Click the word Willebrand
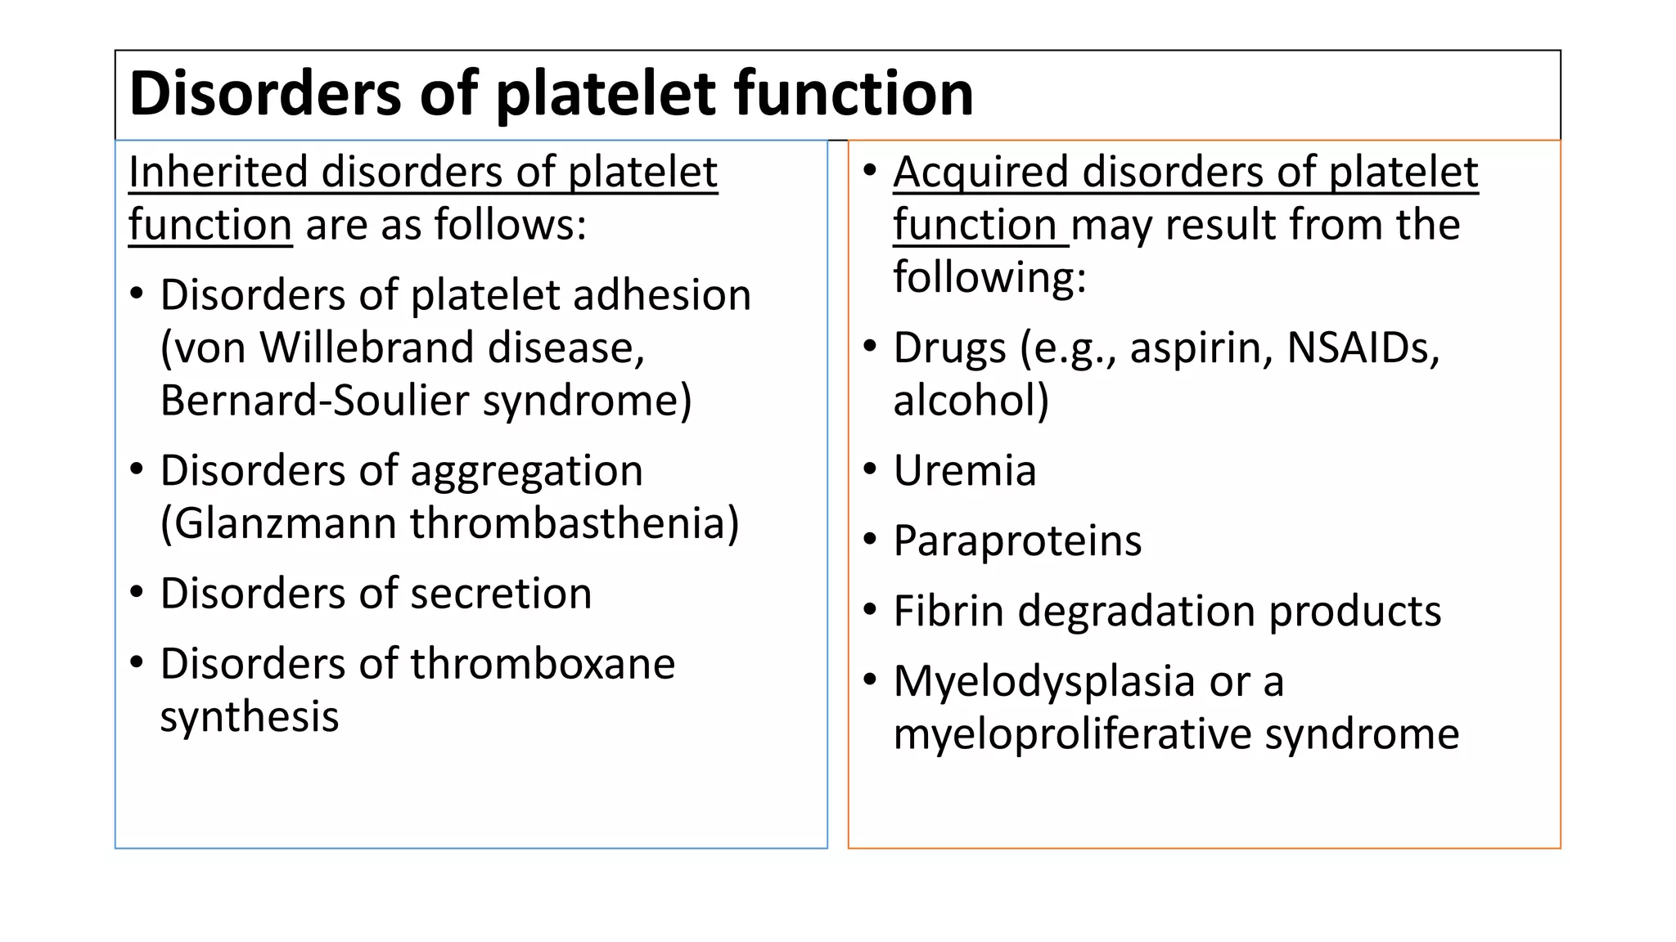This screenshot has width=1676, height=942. point(367,348)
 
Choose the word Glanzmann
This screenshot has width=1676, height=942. point(286,523)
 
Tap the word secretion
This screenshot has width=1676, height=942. point(501,594)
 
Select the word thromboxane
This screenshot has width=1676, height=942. point(543,664)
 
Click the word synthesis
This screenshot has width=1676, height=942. point(249,717)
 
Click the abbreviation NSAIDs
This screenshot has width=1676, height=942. point(1362,348)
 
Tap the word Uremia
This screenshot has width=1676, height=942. point(965,471)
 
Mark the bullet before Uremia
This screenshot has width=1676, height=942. point(870,469)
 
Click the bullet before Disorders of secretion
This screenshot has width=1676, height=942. point(137,592)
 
